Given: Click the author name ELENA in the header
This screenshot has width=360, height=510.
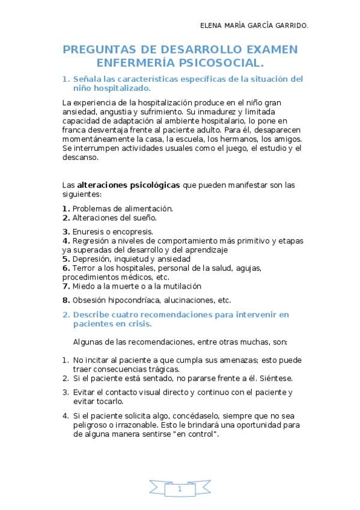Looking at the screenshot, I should point(211,25).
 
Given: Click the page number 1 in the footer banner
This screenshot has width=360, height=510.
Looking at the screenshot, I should point(180,490).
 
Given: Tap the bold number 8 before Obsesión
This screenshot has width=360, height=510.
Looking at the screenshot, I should point(65,300).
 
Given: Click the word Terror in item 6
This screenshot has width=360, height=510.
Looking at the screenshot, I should point(83,268).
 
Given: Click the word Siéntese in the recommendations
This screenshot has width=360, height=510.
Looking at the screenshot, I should point(276,378).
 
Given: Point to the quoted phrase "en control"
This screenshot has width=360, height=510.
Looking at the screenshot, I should point(196,434).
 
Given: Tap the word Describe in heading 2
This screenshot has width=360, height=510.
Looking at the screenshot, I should point(92,315).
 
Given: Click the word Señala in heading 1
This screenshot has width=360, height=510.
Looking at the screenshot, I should point(88,79).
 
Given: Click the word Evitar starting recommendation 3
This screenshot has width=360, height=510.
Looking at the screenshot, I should point(84,392).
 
